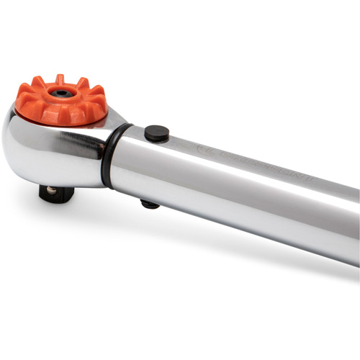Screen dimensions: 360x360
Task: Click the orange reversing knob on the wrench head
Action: pyautogui.click(x=61, y=101)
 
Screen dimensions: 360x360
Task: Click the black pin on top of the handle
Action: pyautogui.click(x=156, y=133)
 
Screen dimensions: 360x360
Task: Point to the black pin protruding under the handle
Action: pyautogui.click(x=150, y=204)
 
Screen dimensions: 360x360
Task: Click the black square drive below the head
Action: pyautogui.click(x=56, y=193)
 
